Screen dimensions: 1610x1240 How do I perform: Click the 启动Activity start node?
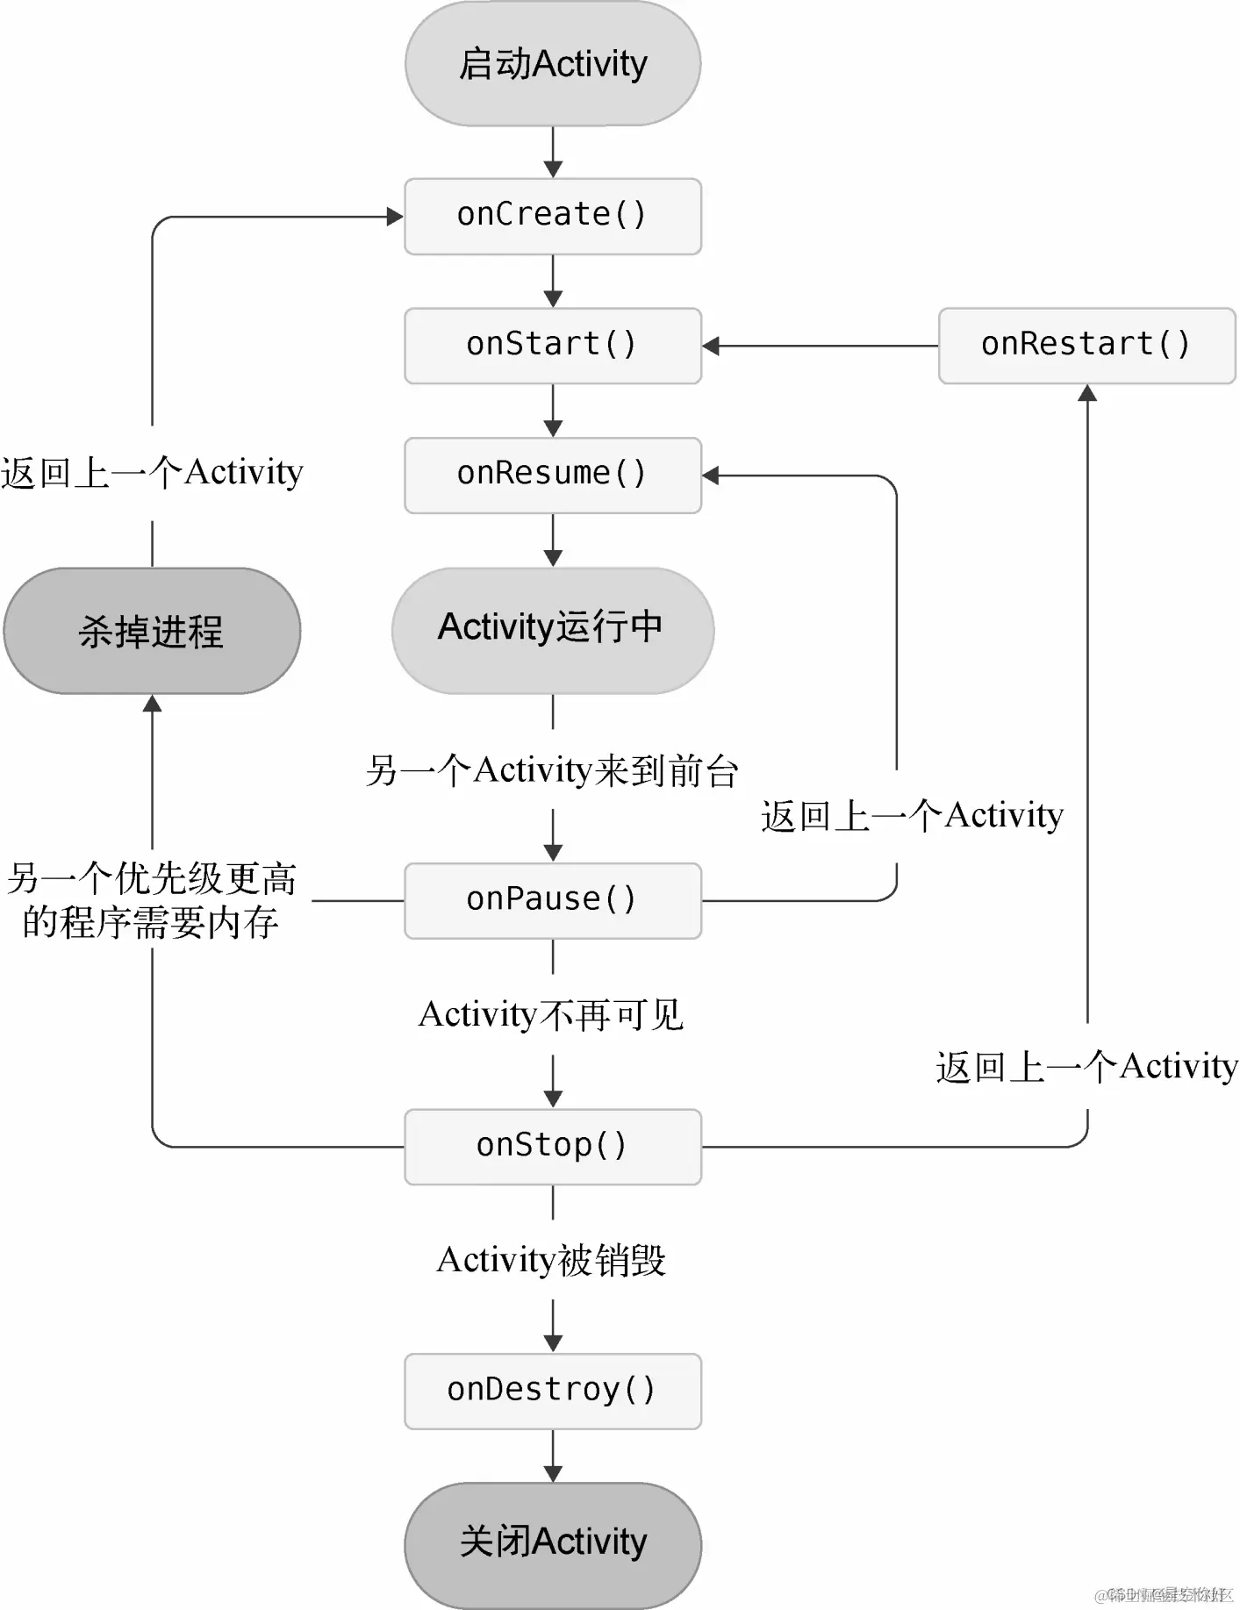[553, 63]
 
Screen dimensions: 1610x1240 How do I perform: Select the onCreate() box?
[553, 216]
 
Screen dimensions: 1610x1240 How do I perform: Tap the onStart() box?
[553, 345]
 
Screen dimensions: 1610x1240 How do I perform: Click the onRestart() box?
[1086, 345]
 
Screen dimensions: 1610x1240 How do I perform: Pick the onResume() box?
[553, 475]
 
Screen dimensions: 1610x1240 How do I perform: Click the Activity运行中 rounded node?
[553, 629]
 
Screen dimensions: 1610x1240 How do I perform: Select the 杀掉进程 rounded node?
[152, 631]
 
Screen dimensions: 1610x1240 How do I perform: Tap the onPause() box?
[553, 900]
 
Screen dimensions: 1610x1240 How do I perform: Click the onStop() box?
[553, 1146]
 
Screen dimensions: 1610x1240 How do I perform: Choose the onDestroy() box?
[553, 1391]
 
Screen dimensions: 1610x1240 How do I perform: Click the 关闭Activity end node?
[553, 1543]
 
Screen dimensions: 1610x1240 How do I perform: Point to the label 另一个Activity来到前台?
[552, 770]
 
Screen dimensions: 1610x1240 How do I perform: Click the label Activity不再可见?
[551, 1015]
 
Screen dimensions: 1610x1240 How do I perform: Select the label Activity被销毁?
[551, 1260]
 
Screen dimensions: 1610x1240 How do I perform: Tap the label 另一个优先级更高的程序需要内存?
[152, 900]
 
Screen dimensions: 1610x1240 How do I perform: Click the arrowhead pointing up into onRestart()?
[1087, 393]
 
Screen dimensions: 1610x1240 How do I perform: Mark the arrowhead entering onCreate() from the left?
[395, 217]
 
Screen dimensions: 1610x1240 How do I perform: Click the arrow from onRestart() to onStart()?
[821, 346]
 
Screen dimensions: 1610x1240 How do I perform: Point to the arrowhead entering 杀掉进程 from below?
[153, 704]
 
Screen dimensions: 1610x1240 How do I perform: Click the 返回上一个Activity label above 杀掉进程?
[152, 473]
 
